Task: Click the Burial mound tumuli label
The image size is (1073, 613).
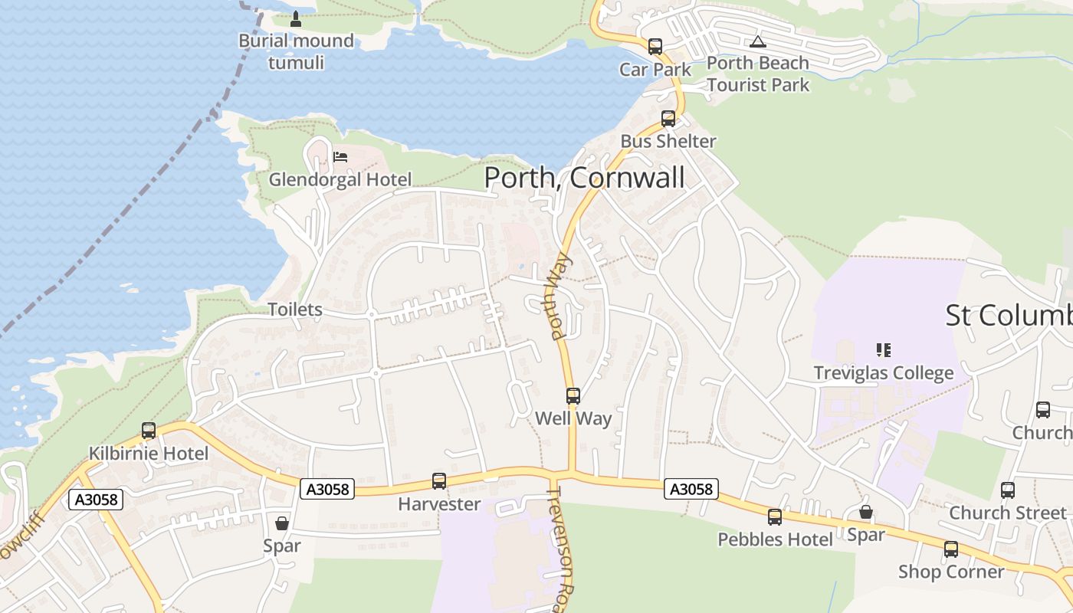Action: [x=296, y=51]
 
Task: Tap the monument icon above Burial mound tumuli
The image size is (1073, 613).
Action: [x=296, y=18]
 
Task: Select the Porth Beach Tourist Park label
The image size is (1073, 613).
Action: [x=757, y=74]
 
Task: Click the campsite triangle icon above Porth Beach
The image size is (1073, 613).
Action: [x=758, y=41]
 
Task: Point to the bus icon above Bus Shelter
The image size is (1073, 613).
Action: [x=668, y=119]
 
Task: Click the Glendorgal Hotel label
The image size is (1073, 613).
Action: [x=340, y=179]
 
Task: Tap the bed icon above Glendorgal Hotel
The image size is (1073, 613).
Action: [x=340, y=157]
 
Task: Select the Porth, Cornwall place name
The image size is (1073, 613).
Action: [x=584, y=178]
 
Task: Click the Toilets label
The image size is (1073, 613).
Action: [x=295, y=310]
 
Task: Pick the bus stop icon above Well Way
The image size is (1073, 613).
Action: [x=573, y=396]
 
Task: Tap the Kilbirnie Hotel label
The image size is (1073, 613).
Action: [x=148, y=453]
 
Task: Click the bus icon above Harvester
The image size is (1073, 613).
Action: [x=439, y=481]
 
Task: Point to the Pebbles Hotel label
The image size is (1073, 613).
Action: [x=775, y=539]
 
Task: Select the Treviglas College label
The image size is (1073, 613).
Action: [x=883, y=373]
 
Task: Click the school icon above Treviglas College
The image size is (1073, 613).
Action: [x=883, y=350]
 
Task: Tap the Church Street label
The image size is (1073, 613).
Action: [x=1007, y=513]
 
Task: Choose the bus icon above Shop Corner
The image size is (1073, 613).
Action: [x=951, y=549]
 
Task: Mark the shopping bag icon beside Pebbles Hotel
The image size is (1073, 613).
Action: [x=866, y=512]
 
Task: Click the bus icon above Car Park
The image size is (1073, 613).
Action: [x=655, y=47]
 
